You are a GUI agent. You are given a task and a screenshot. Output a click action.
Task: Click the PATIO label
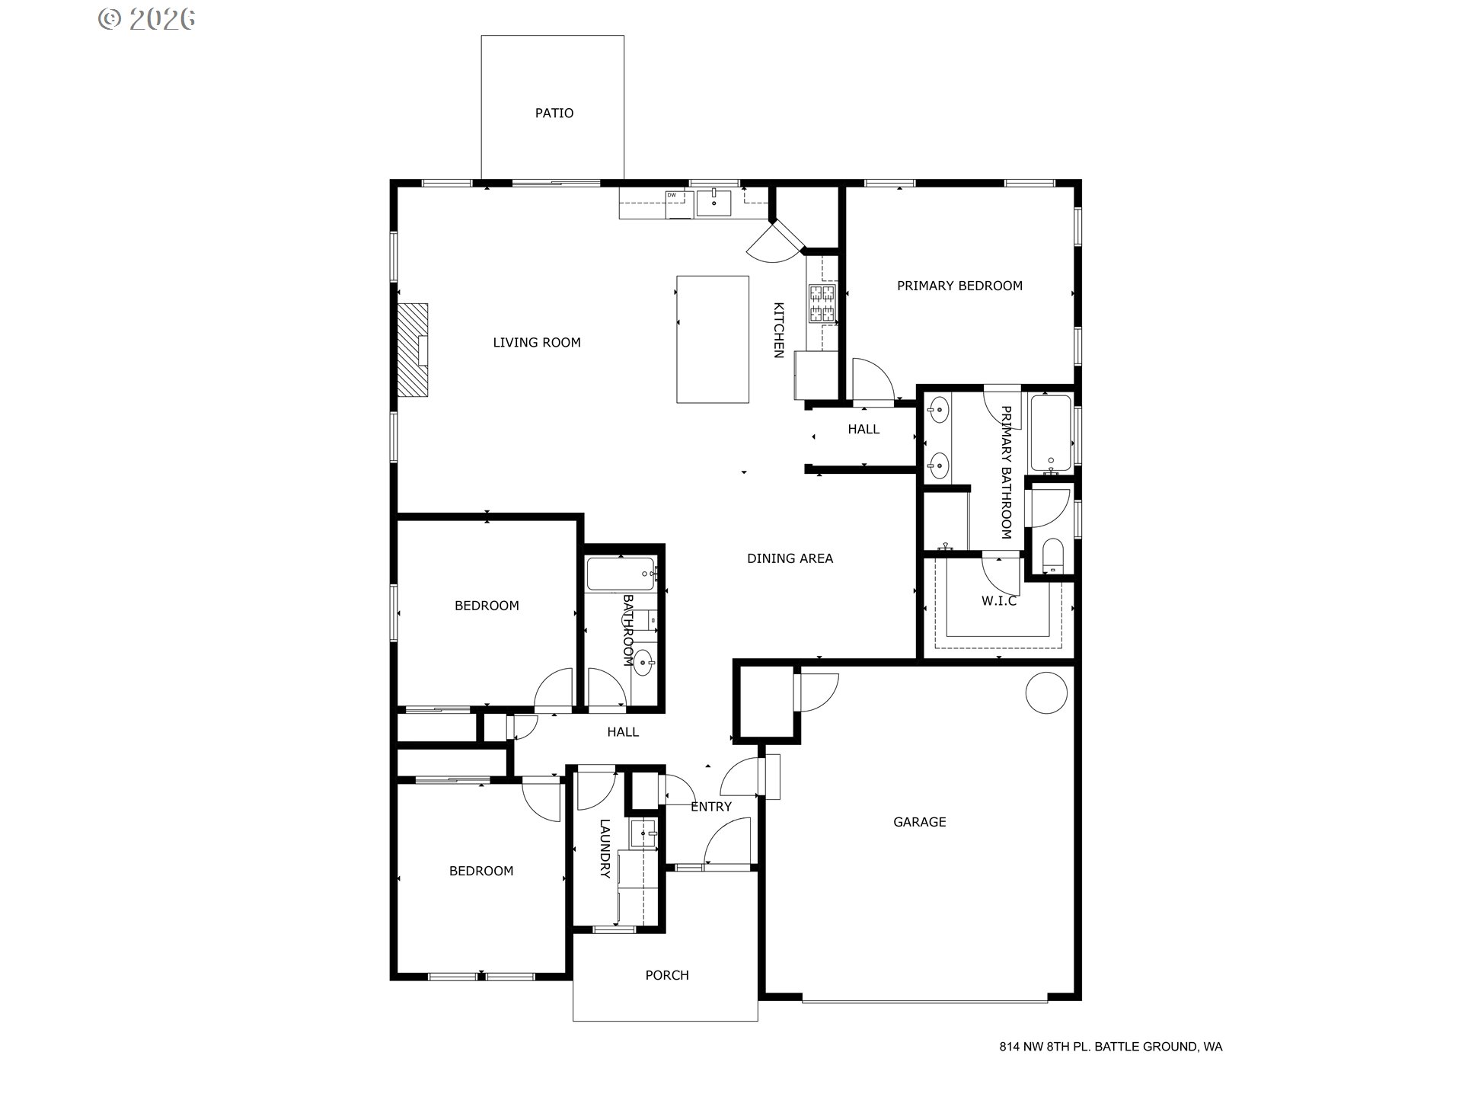click(x=554, y=113)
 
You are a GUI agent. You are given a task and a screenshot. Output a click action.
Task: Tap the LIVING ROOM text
click(x=536, y=343)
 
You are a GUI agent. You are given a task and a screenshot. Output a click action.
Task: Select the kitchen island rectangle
click(x=712, y=339)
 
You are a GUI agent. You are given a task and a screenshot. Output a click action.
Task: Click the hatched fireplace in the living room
click(x=412, y=350)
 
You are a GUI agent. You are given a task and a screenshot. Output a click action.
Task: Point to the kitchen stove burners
click(x=822, y=303)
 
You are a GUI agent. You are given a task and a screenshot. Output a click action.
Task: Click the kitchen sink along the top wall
click(x=713, y=203)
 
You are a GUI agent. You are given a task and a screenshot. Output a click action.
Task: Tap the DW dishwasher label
click(x=672, y=196)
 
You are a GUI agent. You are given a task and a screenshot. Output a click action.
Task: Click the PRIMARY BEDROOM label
click(x=959, y=286)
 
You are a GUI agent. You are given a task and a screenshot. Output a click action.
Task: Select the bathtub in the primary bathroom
click(x=1051, y=433)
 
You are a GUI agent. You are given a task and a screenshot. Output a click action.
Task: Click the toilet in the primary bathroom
click(x=1052, y=556)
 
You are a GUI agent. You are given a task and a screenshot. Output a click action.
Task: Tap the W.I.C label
click(x=998, y=601)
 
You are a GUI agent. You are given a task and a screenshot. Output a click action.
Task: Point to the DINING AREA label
click(x=790, y=558)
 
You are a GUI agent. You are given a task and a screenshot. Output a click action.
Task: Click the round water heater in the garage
click(x=1046, y=692)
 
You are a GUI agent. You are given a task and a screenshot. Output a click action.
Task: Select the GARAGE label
click(x=919, y=822)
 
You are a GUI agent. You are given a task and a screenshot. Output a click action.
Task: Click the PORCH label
click(x=666, y=975)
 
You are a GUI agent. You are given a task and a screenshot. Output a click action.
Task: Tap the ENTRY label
click(x=710, y=807)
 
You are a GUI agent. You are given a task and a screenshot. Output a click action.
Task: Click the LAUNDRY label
click(x=605, y=849)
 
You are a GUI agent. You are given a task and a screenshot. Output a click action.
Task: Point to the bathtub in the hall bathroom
click(x=621, y=574)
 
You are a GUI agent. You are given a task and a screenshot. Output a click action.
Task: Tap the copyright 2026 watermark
click(x=147, y=19)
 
